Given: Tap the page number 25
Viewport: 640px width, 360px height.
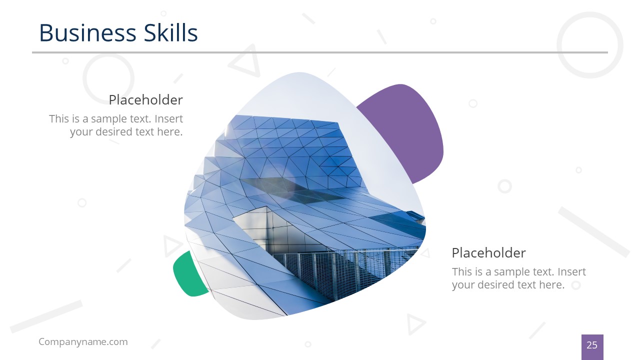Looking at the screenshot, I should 592,345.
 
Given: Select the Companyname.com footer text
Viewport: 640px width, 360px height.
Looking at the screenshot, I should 83,342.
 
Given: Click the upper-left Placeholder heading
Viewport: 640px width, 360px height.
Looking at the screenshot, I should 145,100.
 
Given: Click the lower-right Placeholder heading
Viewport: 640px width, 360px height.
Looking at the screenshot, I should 488,252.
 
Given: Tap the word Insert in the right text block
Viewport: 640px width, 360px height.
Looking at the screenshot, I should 571,272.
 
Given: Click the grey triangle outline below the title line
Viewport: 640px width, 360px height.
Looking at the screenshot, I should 244,61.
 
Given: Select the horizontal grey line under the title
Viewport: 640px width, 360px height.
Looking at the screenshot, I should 320,52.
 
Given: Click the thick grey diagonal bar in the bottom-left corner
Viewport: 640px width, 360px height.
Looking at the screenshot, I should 46,316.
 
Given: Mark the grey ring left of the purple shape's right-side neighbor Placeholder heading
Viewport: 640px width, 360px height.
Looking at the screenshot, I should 504,186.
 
